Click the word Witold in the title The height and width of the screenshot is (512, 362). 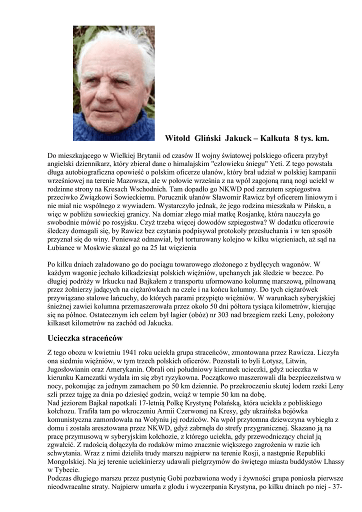[x=178, y=137]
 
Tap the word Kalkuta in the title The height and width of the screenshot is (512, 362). [x=273, y=137]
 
